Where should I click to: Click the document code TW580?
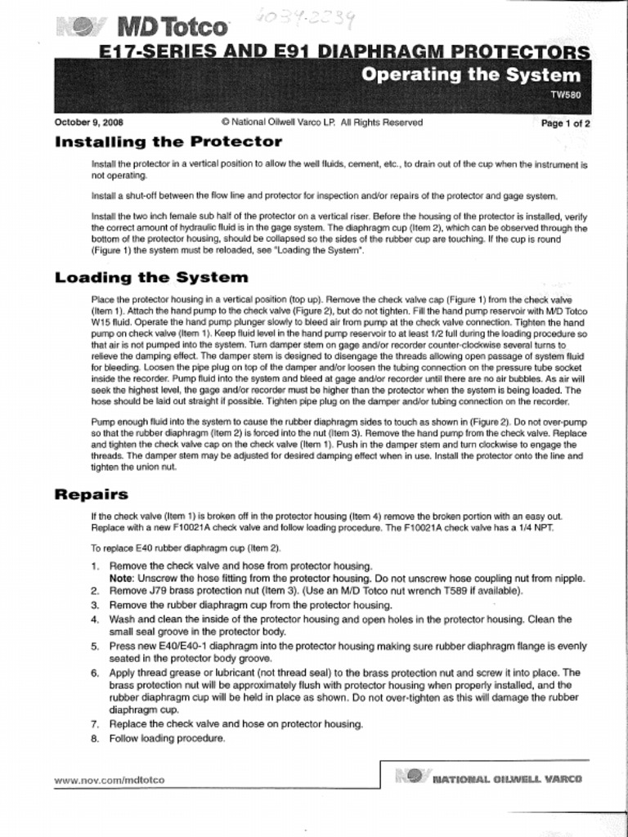[566, 95]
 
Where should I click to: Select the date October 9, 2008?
[89, 123]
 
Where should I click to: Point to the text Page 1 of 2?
[566, 123]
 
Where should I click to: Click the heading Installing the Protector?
[168, 142]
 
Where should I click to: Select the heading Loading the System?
[150, 277]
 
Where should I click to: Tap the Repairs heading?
[91, 495]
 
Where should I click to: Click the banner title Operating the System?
[471, 76]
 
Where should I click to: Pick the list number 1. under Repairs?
[96, 566]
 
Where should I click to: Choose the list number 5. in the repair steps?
[96, 647]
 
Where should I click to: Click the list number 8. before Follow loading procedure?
[96, 739]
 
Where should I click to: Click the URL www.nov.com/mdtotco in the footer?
[109, 780]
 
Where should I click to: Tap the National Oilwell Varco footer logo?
[489, 777]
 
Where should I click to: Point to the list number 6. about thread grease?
[96, 674]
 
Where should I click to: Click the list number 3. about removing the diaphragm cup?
[96, 605]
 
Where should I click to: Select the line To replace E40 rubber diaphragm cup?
[186, 548]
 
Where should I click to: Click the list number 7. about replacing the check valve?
[96, 724]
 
